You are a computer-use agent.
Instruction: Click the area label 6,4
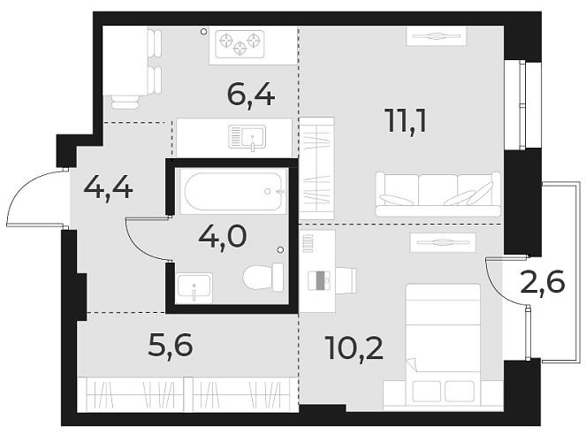click(251, 93)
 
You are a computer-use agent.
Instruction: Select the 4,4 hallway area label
click(108, 187)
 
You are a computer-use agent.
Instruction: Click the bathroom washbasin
click(194, 286)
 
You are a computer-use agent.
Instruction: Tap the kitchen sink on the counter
click(248, 137)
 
